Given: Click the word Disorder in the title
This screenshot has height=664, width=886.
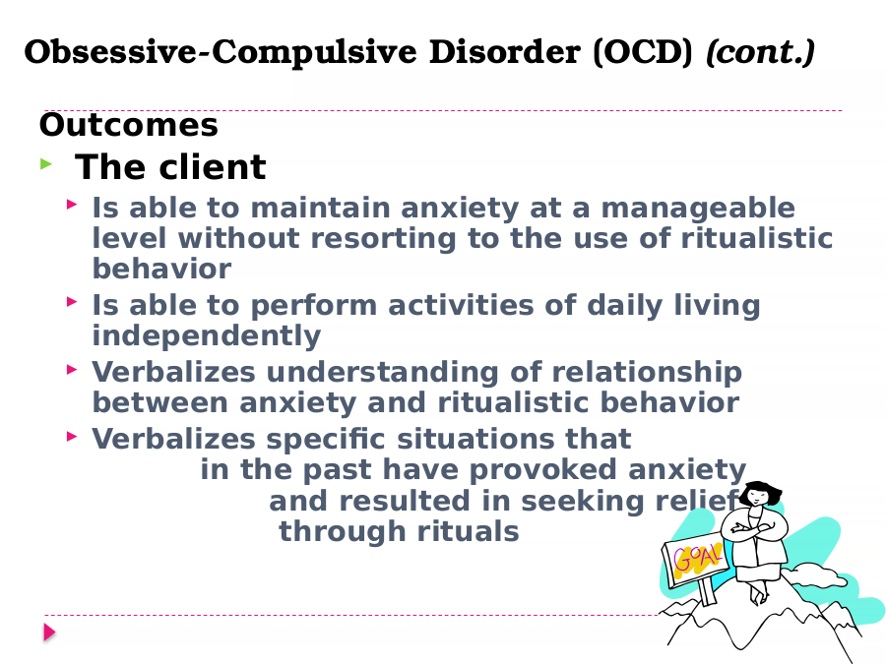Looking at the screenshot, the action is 505,52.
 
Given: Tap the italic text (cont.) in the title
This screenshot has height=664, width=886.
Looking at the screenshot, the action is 761,52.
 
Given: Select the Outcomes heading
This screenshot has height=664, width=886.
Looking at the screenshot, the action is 128,125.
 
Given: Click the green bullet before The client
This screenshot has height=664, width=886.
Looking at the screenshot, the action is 46,164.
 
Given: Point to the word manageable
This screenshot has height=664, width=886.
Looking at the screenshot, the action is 698,209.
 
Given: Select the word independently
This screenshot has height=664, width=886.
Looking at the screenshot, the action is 207,336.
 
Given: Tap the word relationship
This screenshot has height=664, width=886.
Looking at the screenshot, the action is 647,373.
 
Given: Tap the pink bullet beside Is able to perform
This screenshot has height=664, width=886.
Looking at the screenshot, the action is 72,302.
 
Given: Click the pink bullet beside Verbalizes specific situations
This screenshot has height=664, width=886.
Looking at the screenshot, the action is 72,436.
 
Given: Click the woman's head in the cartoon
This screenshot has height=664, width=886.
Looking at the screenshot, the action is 760,494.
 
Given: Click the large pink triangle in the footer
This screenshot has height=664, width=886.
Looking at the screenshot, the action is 50,633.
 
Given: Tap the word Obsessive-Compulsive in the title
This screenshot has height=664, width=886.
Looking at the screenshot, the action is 221,52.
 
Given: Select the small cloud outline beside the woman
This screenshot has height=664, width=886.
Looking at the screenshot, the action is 814,575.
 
